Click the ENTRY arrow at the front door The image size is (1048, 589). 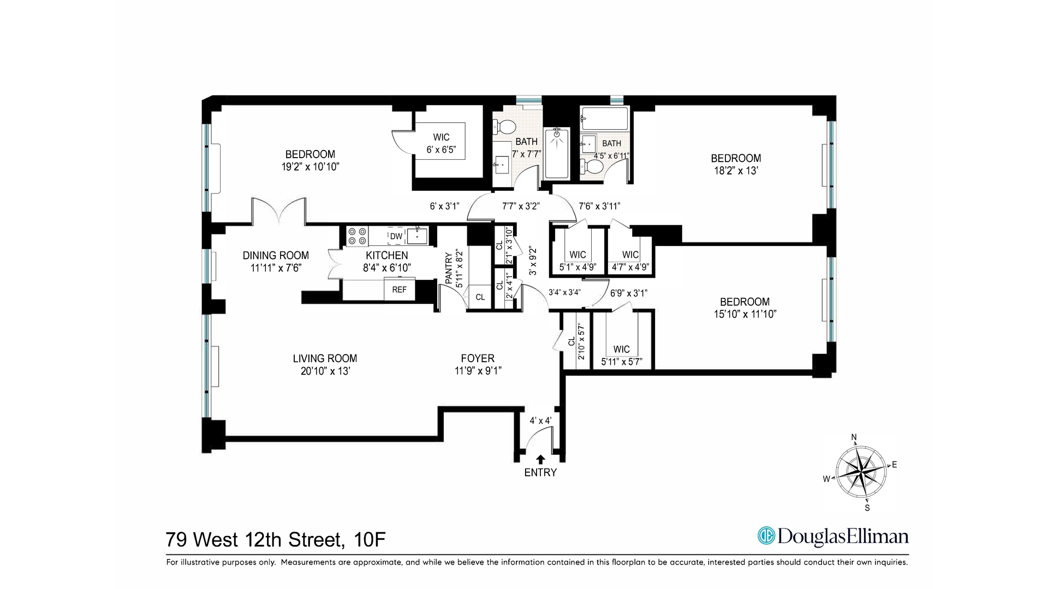coord(540,459)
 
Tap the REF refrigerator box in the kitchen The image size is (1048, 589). coord(399,290)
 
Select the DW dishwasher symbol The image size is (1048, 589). coord(396,236)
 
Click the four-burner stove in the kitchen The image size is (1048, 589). coord(357,236)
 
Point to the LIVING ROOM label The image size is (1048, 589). coord(325,358)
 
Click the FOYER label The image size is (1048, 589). coord(478,358)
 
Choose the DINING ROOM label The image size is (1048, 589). coord(276,255)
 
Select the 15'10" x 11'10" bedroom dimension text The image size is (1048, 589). coord(745,314)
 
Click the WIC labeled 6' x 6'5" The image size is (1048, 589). coord(440,143)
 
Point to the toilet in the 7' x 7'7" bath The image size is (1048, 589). coord(506,127)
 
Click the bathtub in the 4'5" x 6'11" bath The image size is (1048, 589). coord(604,118)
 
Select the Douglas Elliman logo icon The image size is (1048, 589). coord(766,536)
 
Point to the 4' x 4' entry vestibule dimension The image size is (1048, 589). coord(540,420)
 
